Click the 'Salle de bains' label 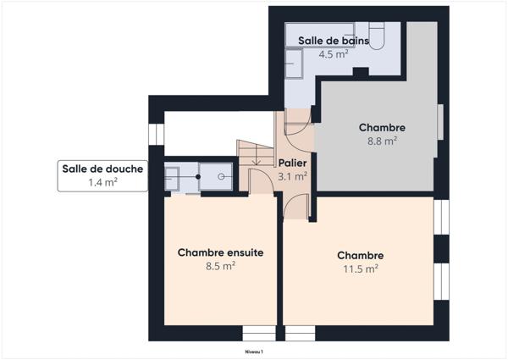(x=333, y=40)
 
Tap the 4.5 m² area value (x=333, y=54)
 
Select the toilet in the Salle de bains (x=377, y=34)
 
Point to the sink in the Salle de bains (x=295, y=63)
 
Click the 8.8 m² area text (x=382, y=141)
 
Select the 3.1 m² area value (x=292, y=176)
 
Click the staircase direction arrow (x=257, y=159)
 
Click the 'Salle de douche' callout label (x=102, y=169)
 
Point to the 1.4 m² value (x=102, y=181)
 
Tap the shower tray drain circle (x=221, y=176)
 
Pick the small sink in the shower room (x=172, y=177)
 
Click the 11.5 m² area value (x=361, y=269)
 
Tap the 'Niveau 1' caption (x=254, y=351)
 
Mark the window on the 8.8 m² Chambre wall (x=439, y=121)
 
